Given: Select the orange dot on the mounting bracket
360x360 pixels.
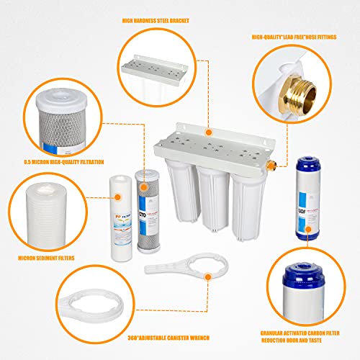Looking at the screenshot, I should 208,132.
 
